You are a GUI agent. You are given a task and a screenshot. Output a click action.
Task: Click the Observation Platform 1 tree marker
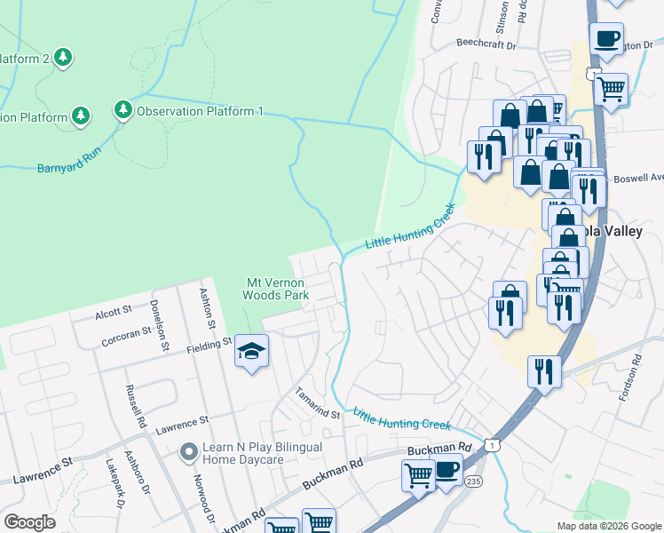tap(123, 111)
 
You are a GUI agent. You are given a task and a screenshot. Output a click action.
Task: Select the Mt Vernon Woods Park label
tap(275, 289)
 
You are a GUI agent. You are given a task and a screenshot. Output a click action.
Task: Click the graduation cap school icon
tap(252, 353)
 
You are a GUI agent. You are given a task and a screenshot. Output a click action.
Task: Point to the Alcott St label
tap(113, 311)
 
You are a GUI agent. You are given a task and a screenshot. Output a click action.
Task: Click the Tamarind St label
tap(318, 404)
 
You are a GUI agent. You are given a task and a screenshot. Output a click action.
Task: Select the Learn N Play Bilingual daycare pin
tap(188, 453)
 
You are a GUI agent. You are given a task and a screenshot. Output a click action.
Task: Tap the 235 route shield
tap(473, 481)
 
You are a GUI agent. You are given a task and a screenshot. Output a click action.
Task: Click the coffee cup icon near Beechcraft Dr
tap(607, 39)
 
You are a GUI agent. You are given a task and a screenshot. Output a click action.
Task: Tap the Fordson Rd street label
tap(636, 377)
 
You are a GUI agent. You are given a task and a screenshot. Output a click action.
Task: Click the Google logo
tap(29, 522)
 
